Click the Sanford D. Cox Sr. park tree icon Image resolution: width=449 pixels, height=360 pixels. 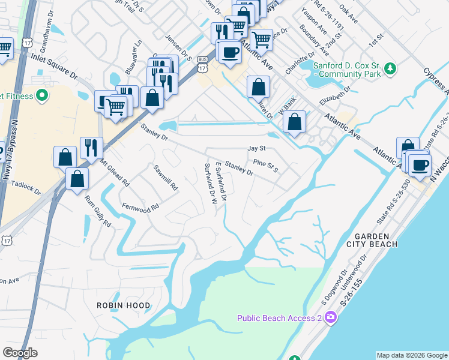(390, 69)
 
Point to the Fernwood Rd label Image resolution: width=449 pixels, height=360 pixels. (139, 206)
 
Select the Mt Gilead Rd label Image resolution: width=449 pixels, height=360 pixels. (115, 170)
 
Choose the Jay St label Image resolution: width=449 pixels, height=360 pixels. (256, 148)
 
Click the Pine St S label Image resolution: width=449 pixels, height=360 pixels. (266, 164)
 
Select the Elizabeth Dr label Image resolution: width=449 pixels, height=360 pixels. (336, 99)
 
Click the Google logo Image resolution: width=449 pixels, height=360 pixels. (20, 353)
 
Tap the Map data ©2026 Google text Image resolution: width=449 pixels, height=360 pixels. (411, 355)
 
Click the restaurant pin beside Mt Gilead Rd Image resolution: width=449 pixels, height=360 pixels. (91, 148)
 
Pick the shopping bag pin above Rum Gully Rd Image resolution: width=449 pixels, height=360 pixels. (77, 179)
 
